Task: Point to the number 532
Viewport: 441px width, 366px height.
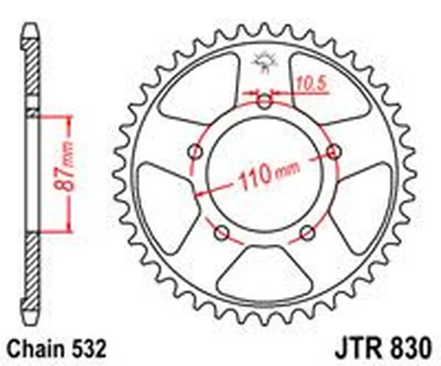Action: coord(93,348)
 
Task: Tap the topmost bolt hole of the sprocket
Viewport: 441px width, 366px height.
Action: coord(265,101)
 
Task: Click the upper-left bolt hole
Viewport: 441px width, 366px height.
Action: coord(195,151)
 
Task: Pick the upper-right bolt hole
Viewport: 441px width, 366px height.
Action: coord(334,151)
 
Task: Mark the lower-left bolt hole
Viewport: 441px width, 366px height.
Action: coord(221,233)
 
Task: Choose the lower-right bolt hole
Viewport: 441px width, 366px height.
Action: coord(308,233)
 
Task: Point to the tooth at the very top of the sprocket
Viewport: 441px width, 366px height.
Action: coord(265,29)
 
